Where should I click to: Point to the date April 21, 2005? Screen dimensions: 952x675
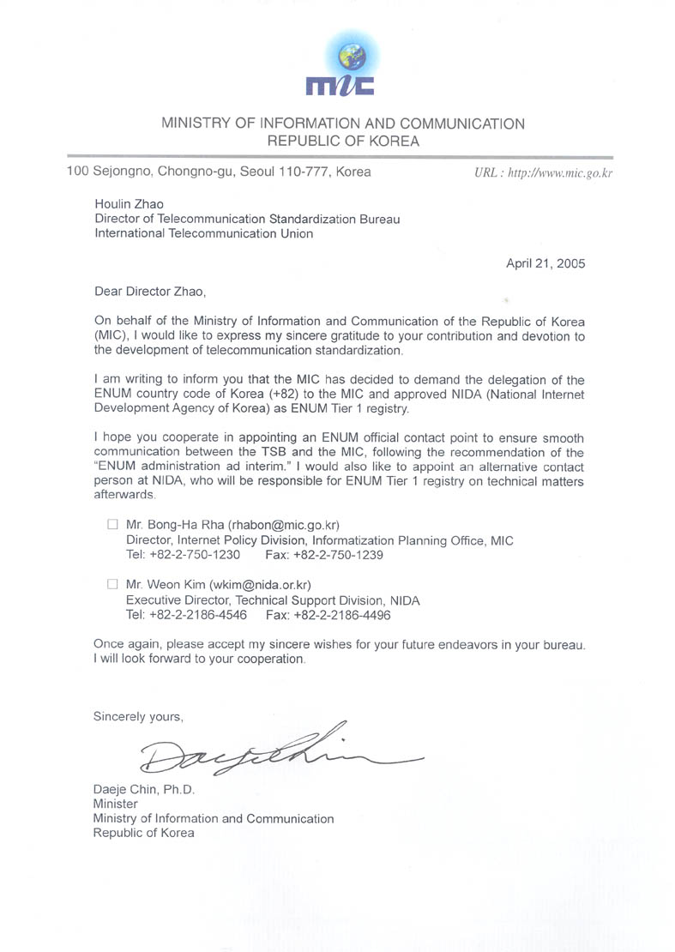545,263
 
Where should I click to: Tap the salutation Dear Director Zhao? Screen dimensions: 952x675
150,292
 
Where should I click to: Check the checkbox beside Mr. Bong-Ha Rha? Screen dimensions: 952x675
111,524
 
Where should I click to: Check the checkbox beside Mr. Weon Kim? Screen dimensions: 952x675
111,585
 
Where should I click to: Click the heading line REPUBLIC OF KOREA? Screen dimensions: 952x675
343,142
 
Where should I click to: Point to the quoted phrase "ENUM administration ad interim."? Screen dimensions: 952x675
192,467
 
